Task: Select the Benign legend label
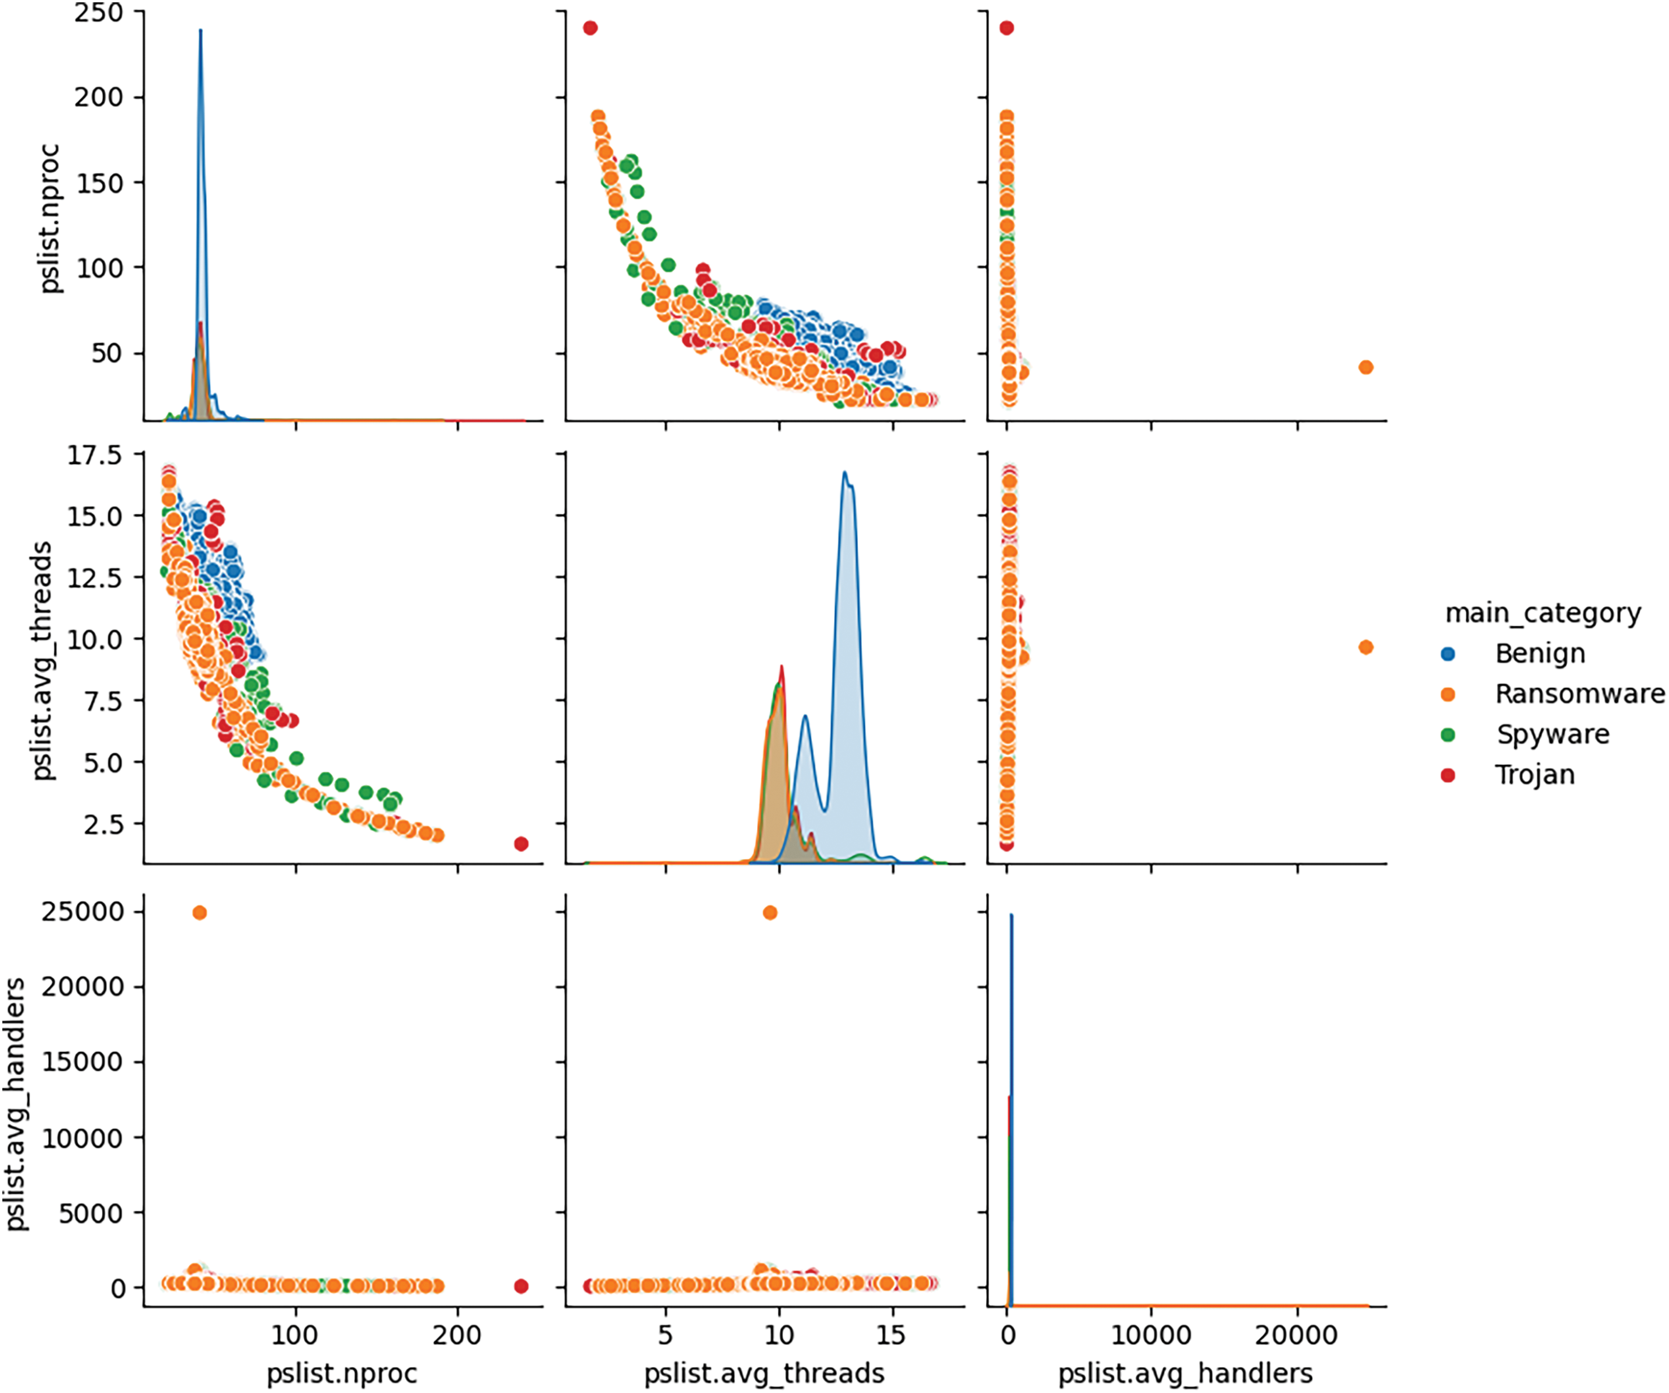(x=1539, y=654)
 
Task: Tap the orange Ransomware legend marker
(x=1448, y=695)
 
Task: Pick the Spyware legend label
(x=1552, y=734)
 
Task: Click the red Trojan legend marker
(x=1448, y=775)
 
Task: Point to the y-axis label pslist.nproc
(x=49, y=218)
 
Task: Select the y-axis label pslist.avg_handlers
(x=16, y=1105)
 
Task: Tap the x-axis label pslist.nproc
(x=342, y=1373)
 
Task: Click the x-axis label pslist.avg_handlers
(x=1185, y=1373)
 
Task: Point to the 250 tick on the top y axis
(x=99, y=13)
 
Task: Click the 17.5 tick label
(x=95, y=455)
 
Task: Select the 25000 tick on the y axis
(x=84, y=911)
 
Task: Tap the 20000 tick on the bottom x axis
(x=1296, y=1335)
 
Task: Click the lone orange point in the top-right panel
(x=1365, y=367)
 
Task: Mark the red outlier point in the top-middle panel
(x=590, y=29)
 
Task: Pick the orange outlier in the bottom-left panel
(x=200, y=913)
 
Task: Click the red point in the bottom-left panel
(x=521, y=1286)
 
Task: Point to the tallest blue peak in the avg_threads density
(x=846, y=475)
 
